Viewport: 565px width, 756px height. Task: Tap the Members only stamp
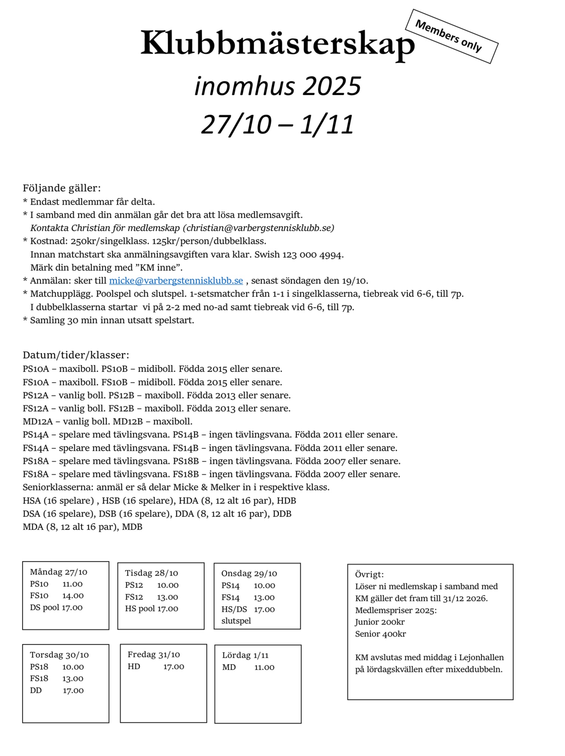(452, 36)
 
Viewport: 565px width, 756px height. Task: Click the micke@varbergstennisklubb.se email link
(176, 281)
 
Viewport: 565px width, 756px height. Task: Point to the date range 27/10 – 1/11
(277, 124)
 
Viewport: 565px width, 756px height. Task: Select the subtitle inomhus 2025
(278, 86)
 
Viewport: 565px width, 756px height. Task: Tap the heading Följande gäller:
(62, 188)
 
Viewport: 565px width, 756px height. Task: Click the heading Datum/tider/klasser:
(76, 355)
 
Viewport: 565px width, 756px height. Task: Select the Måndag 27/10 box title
(59, 572)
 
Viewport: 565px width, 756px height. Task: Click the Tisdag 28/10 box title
(151, 573)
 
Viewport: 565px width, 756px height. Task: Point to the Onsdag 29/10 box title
(249, 573)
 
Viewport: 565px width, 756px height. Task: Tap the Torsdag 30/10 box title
(59, 655)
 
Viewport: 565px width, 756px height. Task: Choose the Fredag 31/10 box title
(154, 654)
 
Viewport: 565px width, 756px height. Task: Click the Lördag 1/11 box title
(245, 655)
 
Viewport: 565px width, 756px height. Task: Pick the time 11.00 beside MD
(264, 667)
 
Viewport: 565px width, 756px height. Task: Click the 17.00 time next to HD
(174, 666)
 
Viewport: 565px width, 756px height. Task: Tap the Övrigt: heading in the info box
(369, 574)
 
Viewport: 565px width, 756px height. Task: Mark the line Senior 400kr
(380, 634)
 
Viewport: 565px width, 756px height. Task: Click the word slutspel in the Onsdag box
(236, 621)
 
